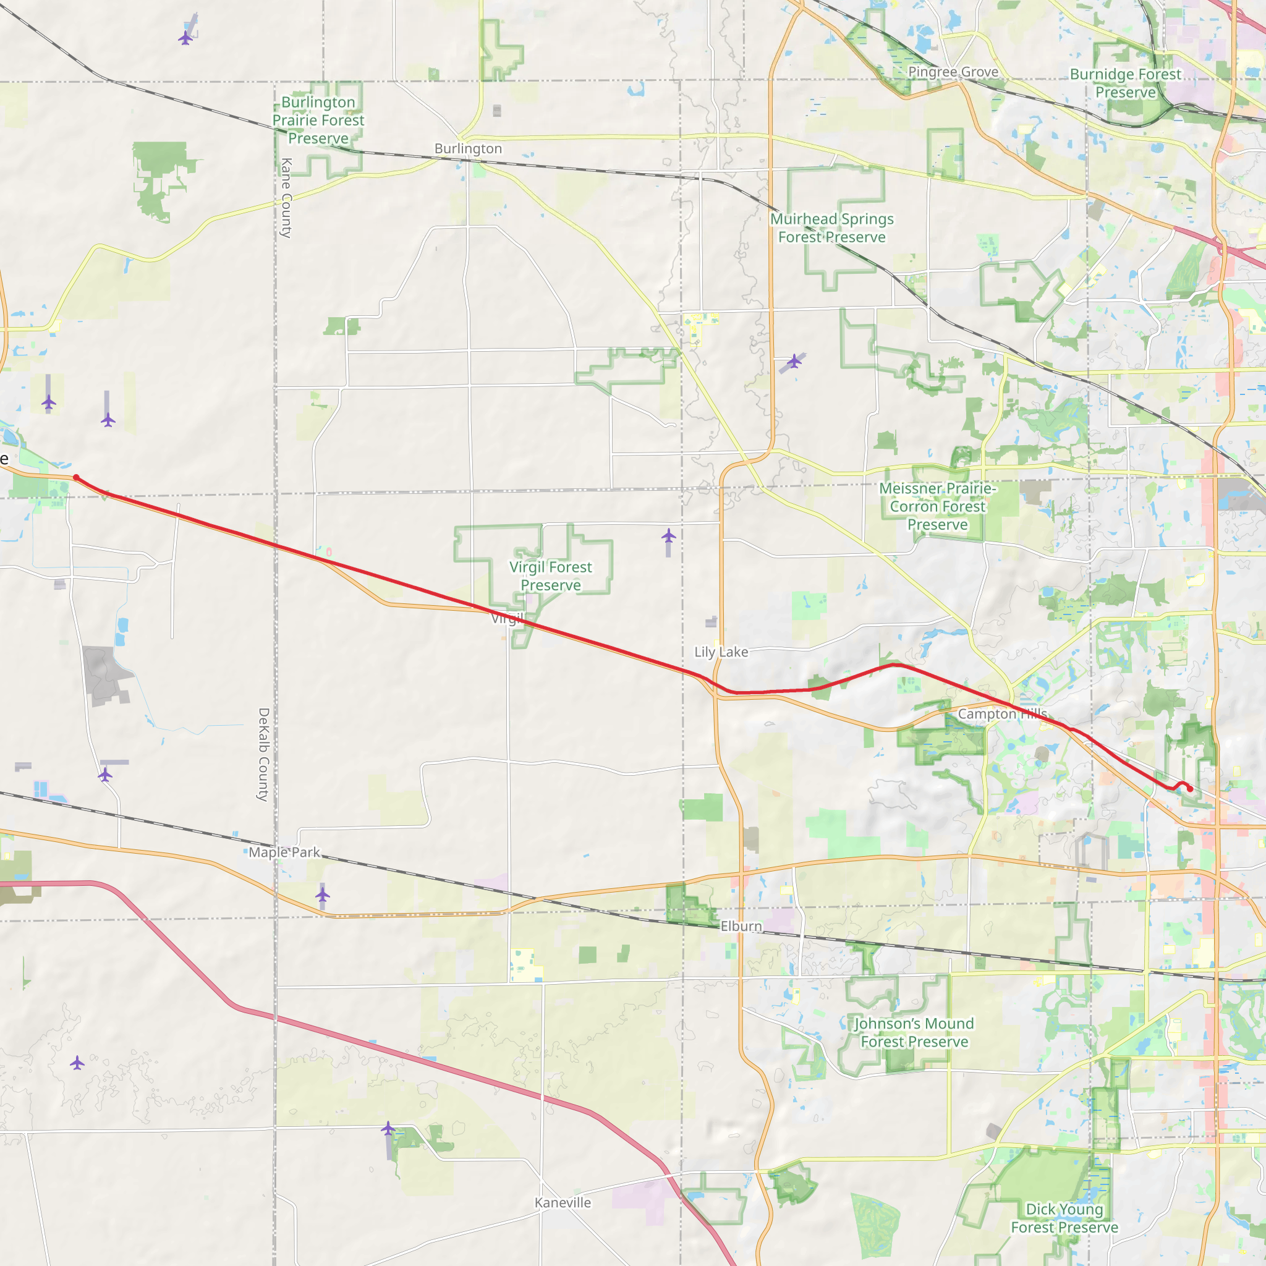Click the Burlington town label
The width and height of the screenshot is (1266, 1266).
468,149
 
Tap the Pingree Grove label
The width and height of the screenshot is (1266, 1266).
953,72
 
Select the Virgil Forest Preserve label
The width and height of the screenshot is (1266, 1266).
550,576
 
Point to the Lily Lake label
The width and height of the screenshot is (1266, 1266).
721,652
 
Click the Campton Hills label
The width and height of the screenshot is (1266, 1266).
1003,713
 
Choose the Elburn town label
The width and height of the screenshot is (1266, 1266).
741,926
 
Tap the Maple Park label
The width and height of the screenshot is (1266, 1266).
284,852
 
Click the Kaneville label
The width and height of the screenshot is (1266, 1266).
563,1202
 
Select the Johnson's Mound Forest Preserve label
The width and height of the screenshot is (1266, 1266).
914,1033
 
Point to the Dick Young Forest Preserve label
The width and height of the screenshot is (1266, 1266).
1064,1218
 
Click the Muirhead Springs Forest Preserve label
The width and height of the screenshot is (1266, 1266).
831,228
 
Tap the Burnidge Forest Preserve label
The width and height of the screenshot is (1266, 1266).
1125,83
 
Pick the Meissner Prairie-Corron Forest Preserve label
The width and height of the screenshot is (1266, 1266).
937,506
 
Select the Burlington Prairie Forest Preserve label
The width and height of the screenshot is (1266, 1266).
318,121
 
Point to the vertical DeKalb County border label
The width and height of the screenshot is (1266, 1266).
263,754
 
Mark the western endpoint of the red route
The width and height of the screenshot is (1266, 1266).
76,478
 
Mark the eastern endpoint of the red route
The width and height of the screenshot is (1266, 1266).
1190,789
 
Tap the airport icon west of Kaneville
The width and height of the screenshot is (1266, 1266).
388,1128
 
